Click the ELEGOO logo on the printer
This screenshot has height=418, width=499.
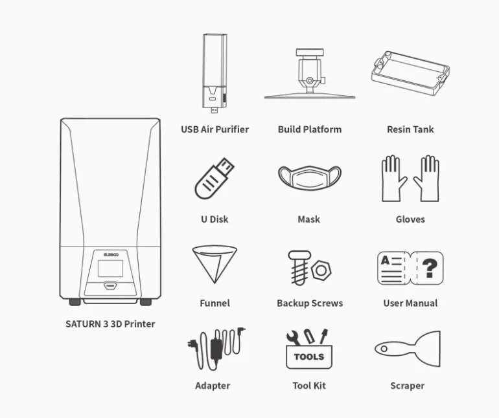coord(111,255)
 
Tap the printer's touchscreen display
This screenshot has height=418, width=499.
coord(110,269)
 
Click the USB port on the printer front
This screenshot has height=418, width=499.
coord(110,286)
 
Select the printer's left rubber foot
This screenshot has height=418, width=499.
coord(75,302)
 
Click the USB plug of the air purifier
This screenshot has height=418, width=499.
coord(215,111)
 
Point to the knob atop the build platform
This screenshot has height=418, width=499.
coord(310,52)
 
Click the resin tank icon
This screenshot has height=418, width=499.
coord(410,74)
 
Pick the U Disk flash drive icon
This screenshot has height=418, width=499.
coord(214,179)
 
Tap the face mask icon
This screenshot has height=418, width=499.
coord(309,177)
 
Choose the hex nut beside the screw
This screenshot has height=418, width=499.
coord(321,270)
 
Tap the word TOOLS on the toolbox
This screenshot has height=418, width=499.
coord(309,357)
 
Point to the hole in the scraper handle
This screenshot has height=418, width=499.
coord(384,349)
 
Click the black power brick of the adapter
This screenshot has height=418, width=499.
coord(216,349)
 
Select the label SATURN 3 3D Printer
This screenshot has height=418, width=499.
coord(110,324)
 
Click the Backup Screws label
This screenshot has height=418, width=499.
coord(310,303)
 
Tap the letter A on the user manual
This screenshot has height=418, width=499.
coord(385,261)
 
